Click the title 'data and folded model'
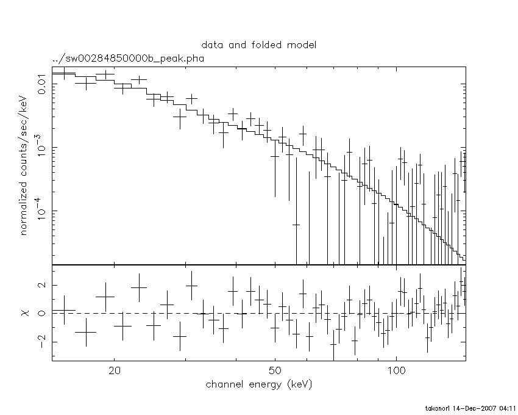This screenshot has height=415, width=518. (x=259, y=45)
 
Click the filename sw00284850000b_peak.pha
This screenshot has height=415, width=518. (x=127, y=59)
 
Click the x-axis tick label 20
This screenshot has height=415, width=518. (x=115, y=371)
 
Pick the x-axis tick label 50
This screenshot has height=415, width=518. (x=275, y=371)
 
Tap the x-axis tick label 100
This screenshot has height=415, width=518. (x=396, y=371)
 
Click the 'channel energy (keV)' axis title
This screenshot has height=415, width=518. (x=260, y=384)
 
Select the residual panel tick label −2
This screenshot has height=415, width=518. (x=38, y=341)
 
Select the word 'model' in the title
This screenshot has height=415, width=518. (x=303, y=45)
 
